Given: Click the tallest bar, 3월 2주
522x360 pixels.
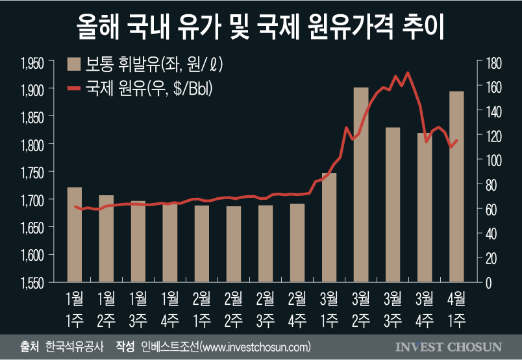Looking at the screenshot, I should (361, 185).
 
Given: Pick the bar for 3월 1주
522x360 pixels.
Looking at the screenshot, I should (329, 228).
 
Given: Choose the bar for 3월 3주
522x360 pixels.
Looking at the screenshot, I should (393, 205).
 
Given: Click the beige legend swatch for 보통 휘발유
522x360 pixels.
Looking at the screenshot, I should (73, 64).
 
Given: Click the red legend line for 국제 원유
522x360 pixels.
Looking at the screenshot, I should (73, 88).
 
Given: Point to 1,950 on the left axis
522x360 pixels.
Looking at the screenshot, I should (32, 62).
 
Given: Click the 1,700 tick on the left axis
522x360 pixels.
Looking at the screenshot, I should (32, 200).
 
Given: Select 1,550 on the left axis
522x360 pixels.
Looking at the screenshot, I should (32, 283).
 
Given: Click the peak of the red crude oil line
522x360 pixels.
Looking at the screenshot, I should (407, 73).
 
